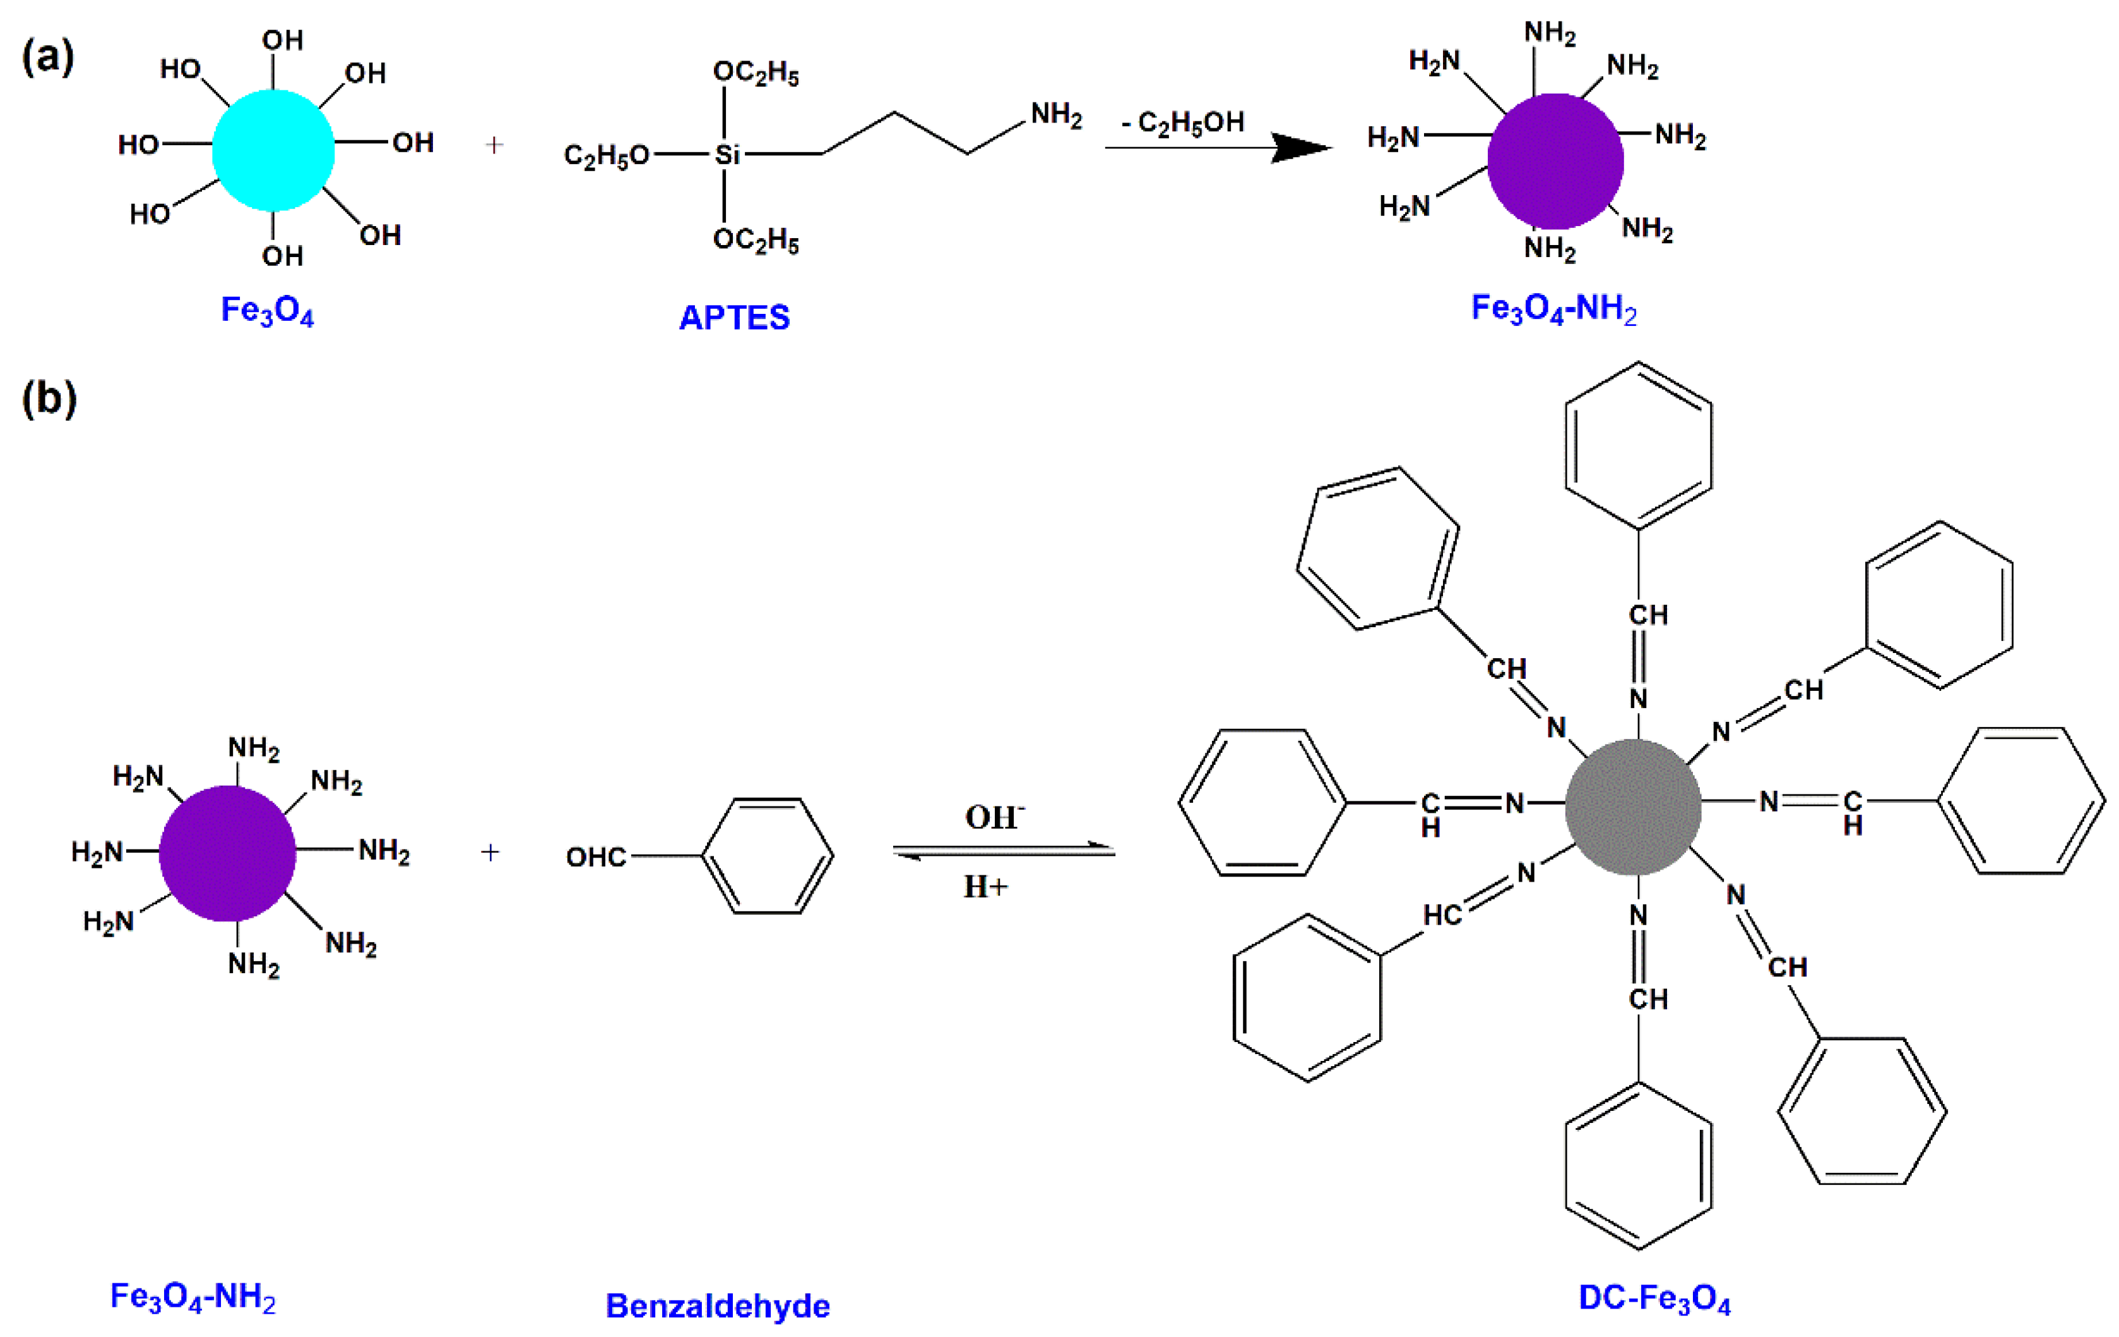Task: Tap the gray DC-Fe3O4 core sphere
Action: (x=1632, y=806)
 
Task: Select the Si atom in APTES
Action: (x=727, y=155)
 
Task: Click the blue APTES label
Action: (x=734, y=317)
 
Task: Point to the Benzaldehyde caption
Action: (x=717, y=1305)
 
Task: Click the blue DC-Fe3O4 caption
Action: (x=1654, y=1298)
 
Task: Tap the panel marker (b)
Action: (x=49, y=398)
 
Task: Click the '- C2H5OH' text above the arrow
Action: (x=1183, y=123)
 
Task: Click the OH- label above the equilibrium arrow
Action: (x=994, y=817)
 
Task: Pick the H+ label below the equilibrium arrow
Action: (x=985, y=886)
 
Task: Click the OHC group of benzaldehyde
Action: (x=596, y=856)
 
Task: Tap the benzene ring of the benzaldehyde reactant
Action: (x=768, y=856)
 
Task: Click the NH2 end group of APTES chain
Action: (x=1056, y=114)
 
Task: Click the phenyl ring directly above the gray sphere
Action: (x=1639, y=445)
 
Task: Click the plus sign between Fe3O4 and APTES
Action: (x=494, y=145)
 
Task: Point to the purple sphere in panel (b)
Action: (x=227, y=853)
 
